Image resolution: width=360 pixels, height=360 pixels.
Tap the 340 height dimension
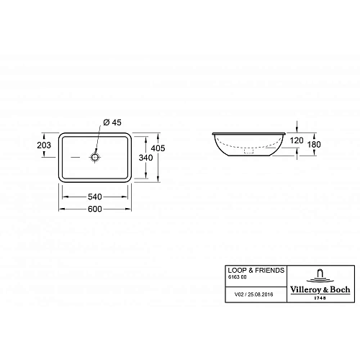pyautogui.click(x=145, y=157)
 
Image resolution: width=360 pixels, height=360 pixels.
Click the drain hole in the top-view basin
pyautogui.click(x=94, y=156)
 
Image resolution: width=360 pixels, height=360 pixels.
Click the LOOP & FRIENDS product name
pyautogui.click(x=246, y=269)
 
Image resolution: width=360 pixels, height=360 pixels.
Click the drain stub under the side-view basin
pyautogui.click(x=248, y=153)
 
